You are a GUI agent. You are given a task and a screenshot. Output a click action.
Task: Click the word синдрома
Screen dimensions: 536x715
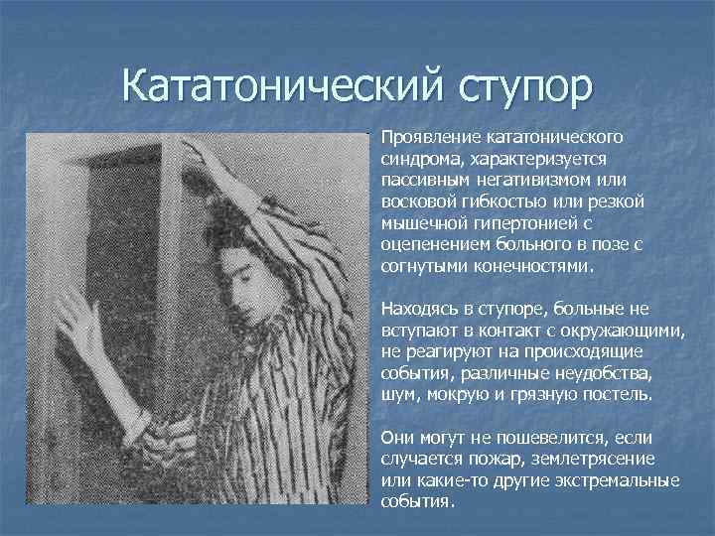[416, 159]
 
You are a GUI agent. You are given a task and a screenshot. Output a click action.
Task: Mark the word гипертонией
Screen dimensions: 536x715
[514, 224]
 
